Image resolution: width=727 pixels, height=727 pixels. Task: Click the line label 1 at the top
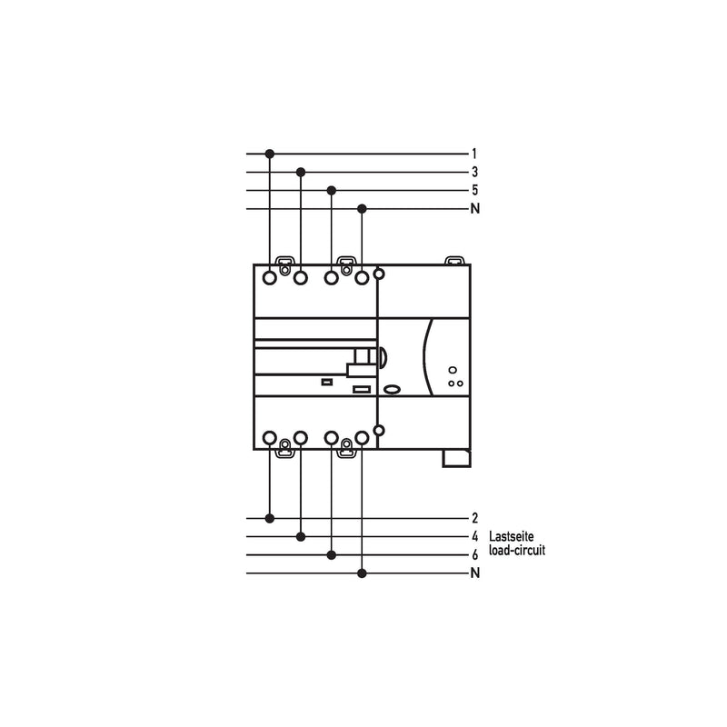click(474, 154)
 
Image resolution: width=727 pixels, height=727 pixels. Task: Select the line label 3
click(474, 172)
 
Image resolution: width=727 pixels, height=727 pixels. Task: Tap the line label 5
click(474, 190)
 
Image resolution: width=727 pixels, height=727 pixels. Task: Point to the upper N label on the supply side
click(474, 209)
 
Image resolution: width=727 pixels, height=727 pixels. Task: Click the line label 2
click(474, 518)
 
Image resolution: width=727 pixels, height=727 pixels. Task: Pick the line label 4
click(474, 536)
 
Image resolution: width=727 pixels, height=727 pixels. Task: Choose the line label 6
click(474, 554)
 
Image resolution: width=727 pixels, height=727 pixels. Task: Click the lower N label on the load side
click(474, 573)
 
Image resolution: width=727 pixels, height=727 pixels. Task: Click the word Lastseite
click(512, 536)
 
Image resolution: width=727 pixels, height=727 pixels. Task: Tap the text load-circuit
click(517, 551)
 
